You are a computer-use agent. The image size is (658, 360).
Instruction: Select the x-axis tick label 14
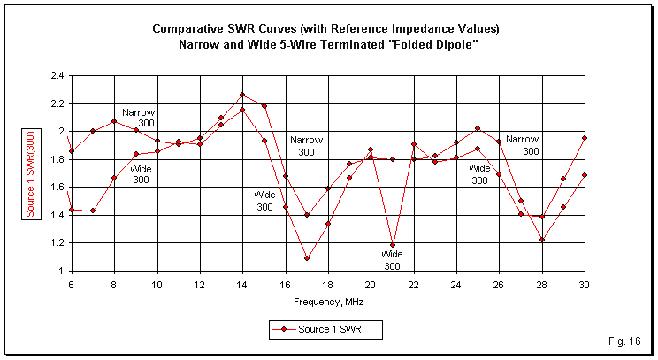pyautogui.click(x=241, y=285)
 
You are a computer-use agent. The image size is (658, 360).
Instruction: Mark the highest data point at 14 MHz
pyautogui.click(x=241, y=95)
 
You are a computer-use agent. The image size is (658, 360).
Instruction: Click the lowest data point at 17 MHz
pyautogui.click(x=306, y=258)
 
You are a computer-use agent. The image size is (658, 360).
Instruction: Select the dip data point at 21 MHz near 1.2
pyautogui.click(x=392, y=245)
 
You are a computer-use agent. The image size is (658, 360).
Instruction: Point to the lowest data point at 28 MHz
pyautogui.click(x=541, y=240)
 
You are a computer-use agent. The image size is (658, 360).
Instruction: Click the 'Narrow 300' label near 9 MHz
pyautogui.click(x=139, y=119)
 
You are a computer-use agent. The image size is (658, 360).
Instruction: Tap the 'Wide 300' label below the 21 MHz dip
pyautogui.click(x=392, y=260)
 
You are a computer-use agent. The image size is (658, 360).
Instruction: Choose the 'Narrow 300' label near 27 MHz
pyautogui.click(x=523, y=144)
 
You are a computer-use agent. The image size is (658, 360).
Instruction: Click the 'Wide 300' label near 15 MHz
pyautogui.click(x=264, y=200)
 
